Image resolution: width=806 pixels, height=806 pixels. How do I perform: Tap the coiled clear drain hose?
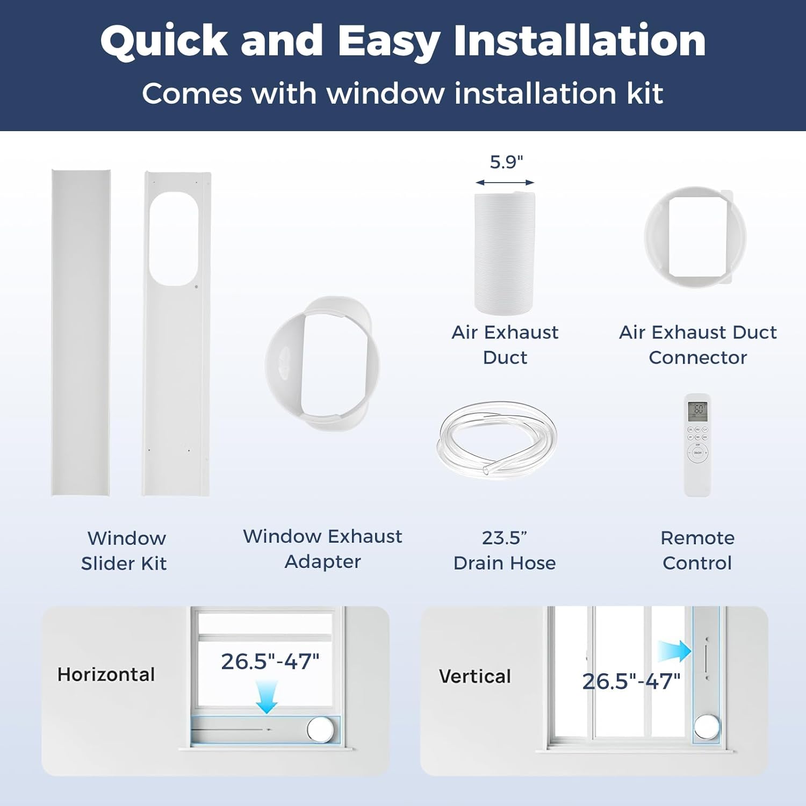point(498,438)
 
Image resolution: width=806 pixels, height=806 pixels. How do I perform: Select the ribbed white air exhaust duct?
point(505,253)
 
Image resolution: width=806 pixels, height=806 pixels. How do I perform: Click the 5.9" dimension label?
point(506,162)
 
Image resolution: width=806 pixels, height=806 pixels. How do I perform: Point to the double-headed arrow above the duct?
point(505,183)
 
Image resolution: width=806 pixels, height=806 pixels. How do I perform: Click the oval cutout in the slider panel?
point(174,239)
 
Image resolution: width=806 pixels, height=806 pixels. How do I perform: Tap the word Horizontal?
point(106,674)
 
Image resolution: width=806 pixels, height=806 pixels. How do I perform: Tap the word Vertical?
point(474,676)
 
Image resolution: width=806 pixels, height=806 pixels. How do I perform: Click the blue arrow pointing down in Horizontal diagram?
point(267,696)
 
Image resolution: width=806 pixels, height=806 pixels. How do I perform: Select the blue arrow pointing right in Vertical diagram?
point(675,651)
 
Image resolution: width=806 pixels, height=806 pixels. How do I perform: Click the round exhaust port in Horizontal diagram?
point(321,730)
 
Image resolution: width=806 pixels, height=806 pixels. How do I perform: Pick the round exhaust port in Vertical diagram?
point(706,727)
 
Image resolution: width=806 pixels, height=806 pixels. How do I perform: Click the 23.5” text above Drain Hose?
point(504,538)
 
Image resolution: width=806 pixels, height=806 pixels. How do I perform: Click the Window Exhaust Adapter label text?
point(322,549)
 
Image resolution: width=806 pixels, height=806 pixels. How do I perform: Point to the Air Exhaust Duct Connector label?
point(697,345)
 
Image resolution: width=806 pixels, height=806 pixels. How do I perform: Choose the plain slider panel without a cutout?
point(81,333)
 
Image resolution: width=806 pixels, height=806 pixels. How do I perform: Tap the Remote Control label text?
point(697,550)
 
